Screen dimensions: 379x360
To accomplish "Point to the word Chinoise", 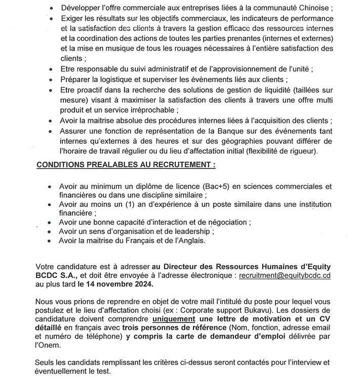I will tap(313, 9).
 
